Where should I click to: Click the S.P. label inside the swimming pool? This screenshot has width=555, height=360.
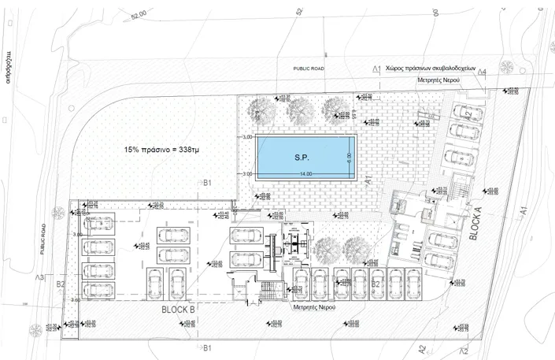coord(301,157)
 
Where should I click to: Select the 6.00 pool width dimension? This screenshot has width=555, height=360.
coord(347,156)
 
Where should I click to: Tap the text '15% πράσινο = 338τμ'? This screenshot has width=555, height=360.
coord(161,149)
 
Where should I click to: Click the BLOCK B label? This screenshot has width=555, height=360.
coord(178,310)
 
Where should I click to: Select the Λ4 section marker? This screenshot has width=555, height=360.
coord(482,73)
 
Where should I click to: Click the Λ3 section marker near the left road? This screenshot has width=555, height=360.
coord(39,277)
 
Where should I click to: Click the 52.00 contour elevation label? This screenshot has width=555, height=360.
coord(139,15)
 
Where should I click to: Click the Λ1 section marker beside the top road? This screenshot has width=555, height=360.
coord(376,70)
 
